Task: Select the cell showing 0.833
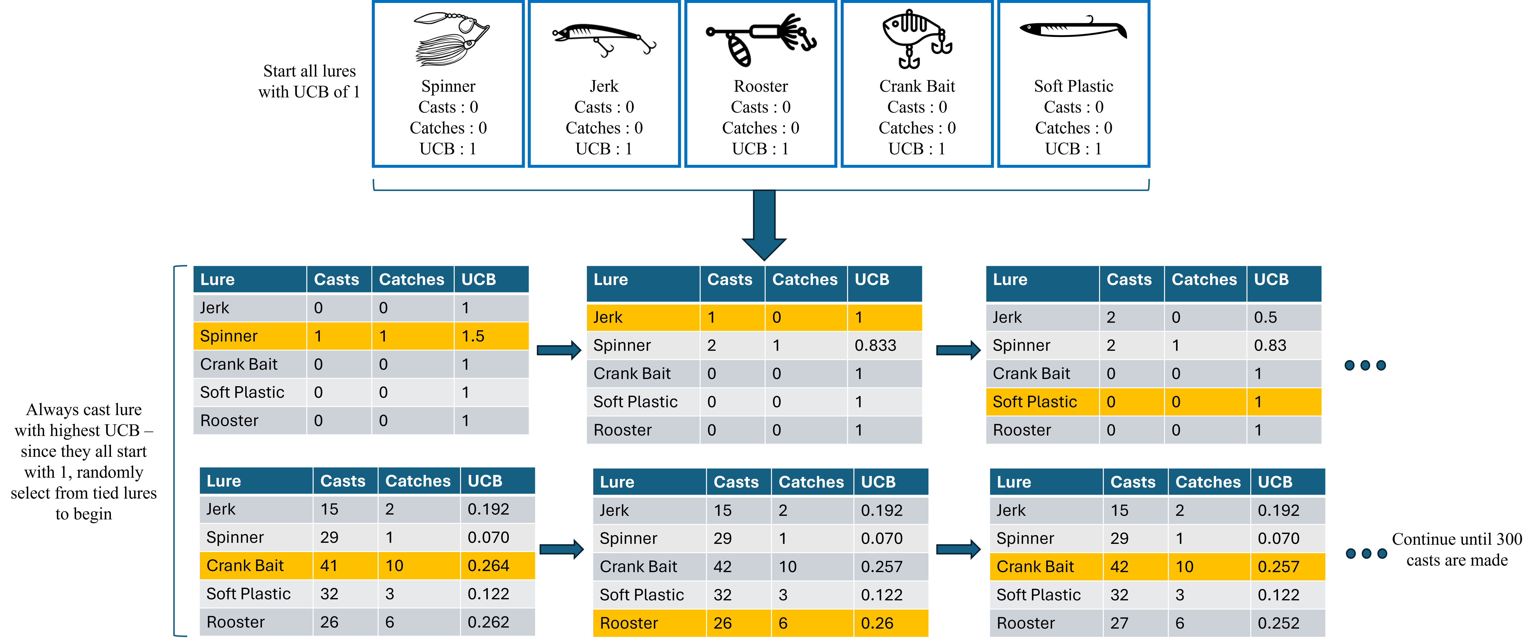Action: click(875, 346)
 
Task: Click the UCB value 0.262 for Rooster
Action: click(488, 622)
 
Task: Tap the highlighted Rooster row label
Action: click(628, 623)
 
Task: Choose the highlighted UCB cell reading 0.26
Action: click(877, 623)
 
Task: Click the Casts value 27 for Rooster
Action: click(1119, 623)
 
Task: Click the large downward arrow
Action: click(764, 224)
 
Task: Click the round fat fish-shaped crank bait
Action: click(916, 38)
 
